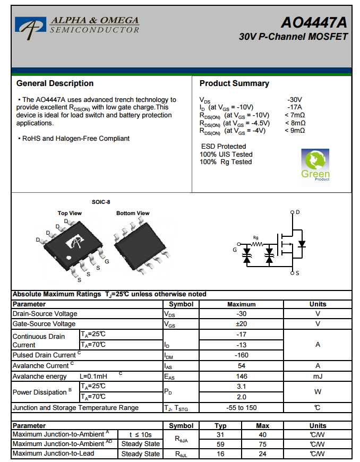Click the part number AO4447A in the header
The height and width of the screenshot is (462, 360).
[314, 23]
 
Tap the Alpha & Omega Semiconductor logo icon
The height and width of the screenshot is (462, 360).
[31, 27]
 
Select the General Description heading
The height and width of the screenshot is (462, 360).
[55, 83]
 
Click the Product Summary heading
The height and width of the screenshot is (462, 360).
[234, 83]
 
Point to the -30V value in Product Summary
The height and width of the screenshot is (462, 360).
[295, 99]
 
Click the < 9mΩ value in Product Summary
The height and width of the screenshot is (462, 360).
[295, 130]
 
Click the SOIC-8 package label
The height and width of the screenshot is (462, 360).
[101, 202]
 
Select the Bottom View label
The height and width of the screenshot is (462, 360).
[133, 213]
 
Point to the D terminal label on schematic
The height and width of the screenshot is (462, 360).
[297, 212]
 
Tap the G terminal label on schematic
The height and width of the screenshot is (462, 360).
[235, 250]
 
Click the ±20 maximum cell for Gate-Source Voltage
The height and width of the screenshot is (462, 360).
[242, 324]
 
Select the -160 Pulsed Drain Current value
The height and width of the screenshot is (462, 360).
[242, 355]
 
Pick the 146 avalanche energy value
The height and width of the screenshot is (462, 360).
[242, 376]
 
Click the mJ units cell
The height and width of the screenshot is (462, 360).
[318, 376]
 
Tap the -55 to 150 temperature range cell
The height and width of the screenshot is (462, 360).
[242, 408]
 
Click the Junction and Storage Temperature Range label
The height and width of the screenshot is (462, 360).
[75, 408]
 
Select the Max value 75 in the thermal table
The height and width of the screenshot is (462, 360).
[262, 444]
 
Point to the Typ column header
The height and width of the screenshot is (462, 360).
[220, 426]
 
